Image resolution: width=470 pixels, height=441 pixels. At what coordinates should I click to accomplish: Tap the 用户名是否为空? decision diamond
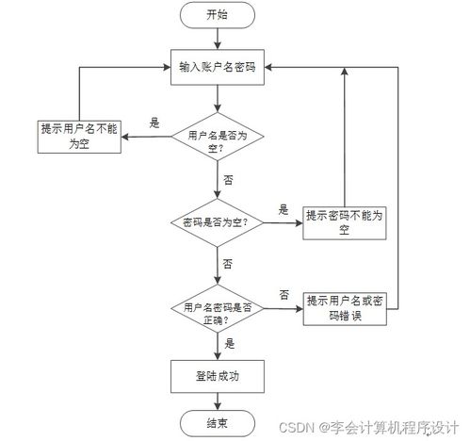pos(218,140)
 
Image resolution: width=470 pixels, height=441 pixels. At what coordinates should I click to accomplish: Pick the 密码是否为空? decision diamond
pos(218,224)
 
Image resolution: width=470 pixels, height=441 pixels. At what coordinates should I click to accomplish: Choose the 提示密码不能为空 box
pos(344,222)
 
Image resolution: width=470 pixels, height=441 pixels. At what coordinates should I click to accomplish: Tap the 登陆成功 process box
pos(218,375)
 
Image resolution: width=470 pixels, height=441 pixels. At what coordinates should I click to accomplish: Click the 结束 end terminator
pos(218,420)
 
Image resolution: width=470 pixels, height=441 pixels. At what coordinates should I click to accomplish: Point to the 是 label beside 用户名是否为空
pos(155,122)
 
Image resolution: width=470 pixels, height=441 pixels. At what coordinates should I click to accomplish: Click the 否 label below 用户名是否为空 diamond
pos(229,178)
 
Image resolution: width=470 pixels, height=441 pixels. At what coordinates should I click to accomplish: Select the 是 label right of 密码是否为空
pos(284,210)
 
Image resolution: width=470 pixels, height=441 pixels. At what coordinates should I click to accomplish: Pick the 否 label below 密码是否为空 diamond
pos(229,263)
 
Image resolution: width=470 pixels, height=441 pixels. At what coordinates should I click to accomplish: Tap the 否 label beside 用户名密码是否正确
pos(284,295)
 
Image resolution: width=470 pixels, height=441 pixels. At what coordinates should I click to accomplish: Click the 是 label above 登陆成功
pos(229,345)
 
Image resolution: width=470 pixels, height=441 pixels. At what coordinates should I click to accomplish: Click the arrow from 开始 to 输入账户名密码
pos(218,38)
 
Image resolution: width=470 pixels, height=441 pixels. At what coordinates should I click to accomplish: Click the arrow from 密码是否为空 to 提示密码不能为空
pos(284,224)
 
